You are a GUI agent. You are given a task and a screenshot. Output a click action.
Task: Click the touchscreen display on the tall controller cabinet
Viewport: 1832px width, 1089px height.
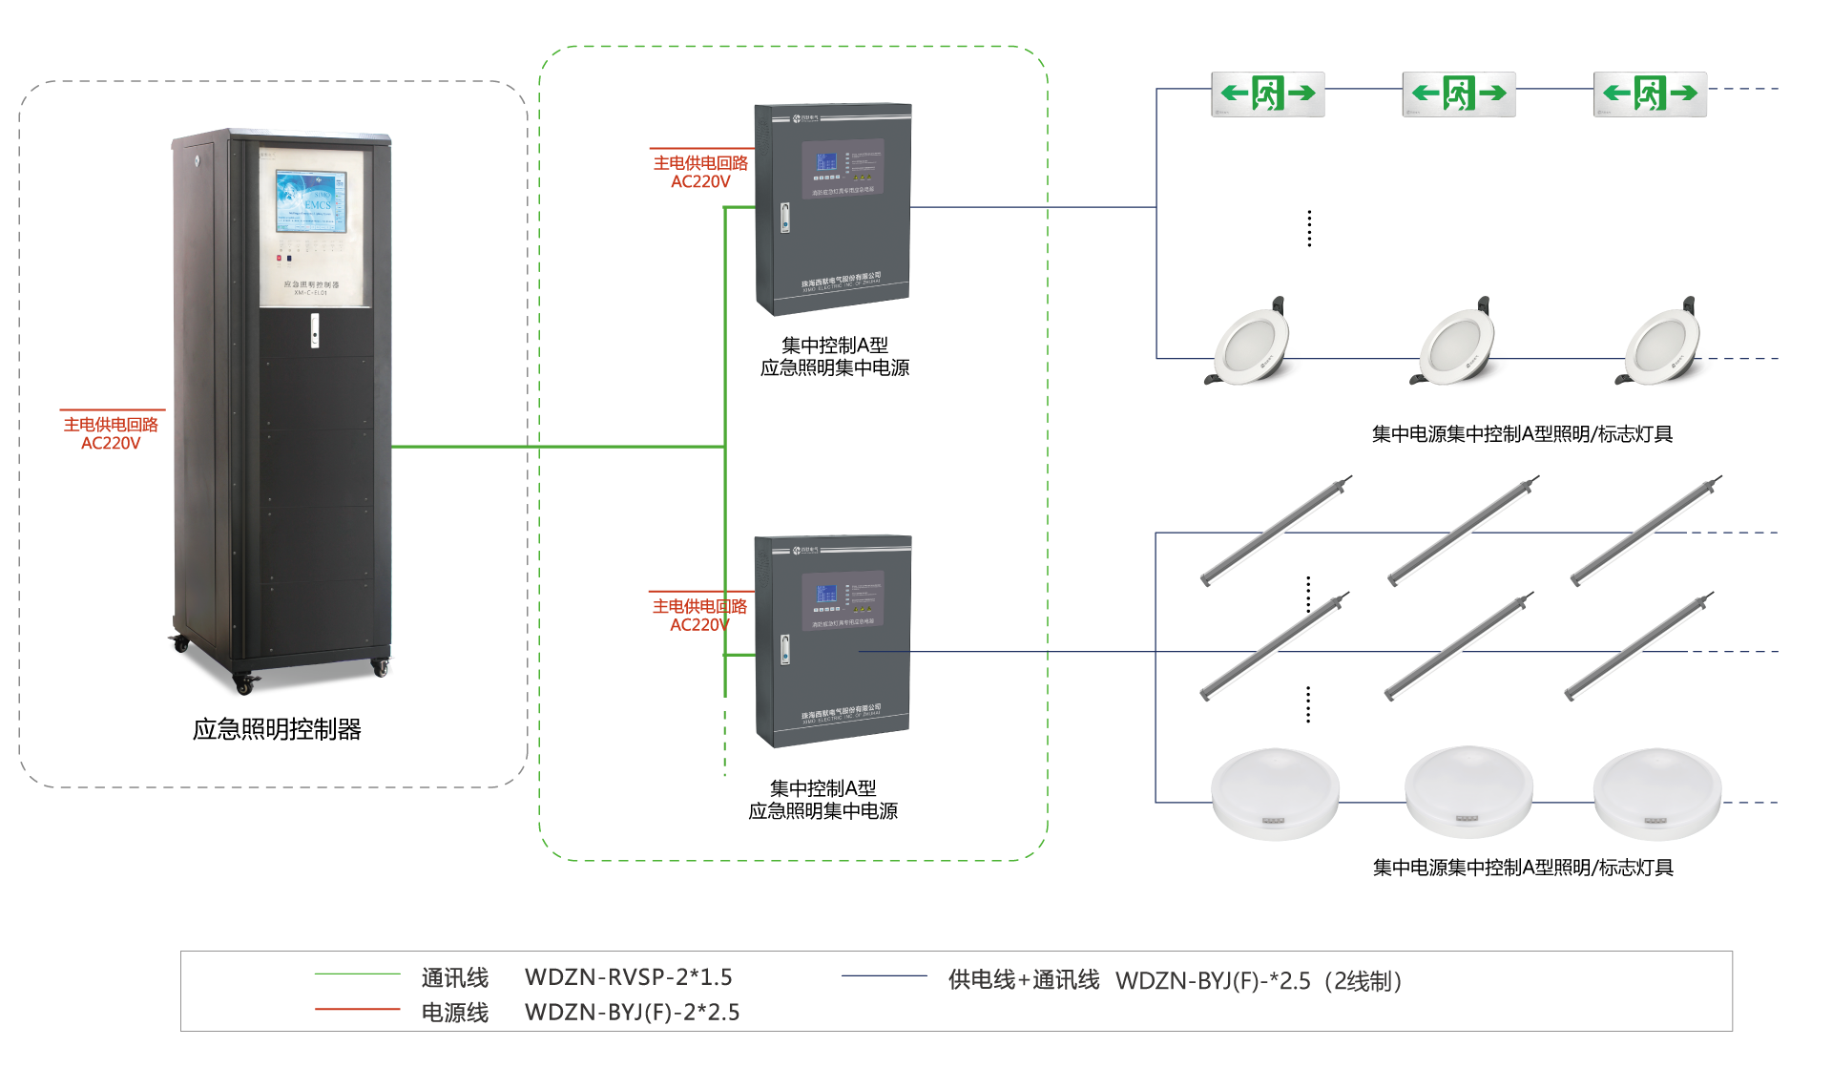(x=311, y=201)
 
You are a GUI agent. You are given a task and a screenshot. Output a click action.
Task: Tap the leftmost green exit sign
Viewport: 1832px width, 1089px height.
(x=1268, y=94)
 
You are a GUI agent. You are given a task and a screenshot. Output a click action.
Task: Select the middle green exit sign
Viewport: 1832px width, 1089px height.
(x=1459, y=94)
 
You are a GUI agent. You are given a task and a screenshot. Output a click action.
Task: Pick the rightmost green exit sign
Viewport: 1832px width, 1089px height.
(x=1650, y=94)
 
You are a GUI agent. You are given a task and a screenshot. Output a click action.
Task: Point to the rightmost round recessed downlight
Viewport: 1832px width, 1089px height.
(x=1661, y=345)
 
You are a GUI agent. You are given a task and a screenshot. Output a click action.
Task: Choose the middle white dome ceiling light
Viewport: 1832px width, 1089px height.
(x=1468, y=791)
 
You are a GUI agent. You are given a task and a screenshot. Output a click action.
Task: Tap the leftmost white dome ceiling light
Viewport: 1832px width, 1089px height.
(x=1275, y=793)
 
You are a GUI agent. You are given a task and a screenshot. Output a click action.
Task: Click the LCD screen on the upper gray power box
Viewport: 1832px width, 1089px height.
(x=825, y=163)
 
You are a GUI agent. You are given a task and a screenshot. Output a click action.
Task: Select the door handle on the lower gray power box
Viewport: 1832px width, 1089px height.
(x=784, y=650)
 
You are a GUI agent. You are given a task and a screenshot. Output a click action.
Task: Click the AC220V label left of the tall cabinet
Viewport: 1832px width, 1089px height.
(x=111, y=444)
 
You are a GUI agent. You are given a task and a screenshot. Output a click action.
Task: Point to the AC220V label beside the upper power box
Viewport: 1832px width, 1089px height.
(x=700, y=182)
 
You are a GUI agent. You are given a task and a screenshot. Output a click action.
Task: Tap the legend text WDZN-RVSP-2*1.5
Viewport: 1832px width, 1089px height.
(x=629, y=977)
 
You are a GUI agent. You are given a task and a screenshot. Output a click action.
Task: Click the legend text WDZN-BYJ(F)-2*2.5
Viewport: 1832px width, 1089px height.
(x=633, y=1013)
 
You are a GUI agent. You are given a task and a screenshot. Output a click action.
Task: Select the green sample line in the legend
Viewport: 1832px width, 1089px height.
(x=357, y=974)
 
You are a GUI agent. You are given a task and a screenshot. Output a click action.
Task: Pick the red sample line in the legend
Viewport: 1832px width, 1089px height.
(x=357, y=1009)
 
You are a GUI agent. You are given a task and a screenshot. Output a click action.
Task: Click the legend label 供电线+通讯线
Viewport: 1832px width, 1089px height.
(x=1023, y=980)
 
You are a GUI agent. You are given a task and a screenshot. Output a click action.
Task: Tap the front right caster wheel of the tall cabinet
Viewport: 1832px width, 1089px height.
(x=384, y=669)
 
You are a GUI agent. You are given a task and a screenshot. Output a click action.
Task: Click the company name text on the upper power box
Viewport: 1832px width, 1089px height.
(x=841, y=278)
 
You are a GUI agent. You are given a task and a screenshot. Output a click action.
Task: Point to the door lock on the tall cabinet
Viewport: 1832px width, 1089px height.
(x=315, y=330)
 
